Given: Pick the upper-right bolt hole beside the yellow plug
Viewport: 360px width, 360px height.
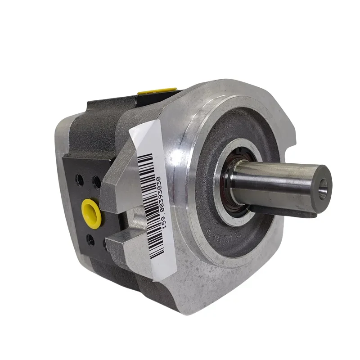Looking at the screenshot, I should click(x=96, y=182).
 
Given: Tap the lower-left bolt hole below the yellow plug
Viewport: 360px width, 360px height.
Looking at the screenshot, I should click(x=90, y=239).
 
